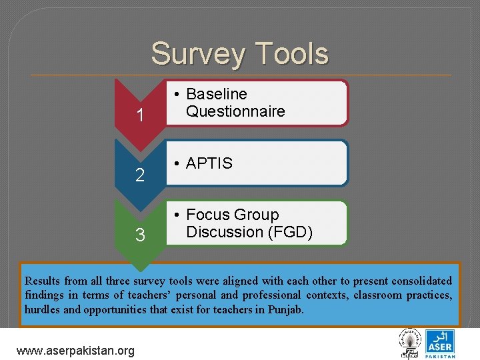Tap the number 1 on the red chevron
pos(140,116)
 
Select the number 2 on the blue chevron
pos(140,176)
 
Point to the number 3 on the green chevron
pos(140,235)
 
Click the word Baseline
pos(217,94)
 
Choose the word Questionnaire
pos(235,111)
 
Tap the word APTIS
pos(209,163)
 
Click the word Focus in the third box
pos(209,215)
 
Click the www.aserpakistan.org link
pos(75,350)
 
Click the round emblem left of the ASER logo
pos(408,343)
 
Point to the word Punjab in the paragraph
pos(287,310)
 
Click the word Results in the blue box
pos(41,281)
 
